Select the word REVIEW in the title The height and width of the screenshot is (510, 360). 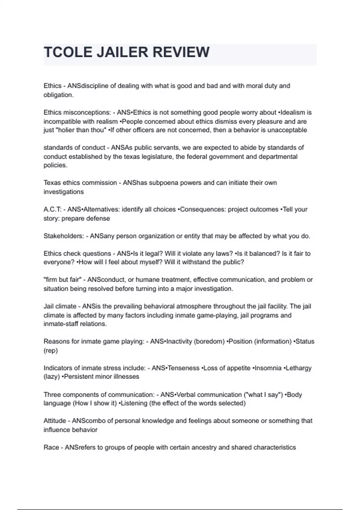181,52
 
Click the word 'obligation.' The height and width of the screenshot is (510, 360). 58,95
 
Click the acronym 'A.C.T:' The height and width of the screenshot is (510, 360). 52,209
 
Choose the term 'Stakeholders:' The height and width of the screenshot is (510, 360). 64,236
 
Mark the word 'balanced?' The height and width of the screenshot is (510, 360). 265,253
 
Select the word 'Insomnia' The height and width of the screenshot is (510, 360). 268,368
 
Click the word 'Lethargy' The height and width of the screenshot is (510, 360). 298,368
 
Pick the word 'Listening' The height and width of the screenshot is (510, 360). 134,403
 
